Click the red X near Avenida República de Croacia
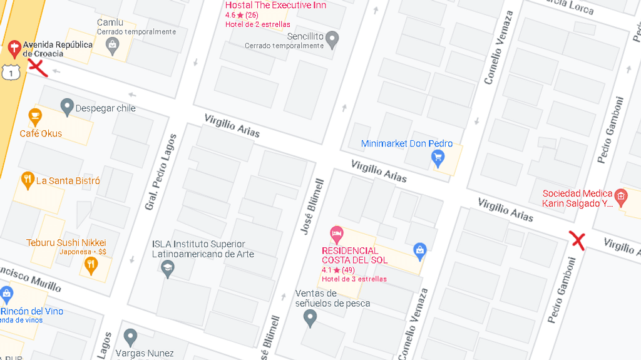[38, 68]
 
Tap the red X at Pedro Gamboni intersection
[577, 240]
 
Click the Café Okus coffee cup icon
[35, 116]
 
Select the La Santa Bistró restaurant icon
[27, 180]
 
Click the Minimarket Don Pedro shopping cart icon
[438, 158]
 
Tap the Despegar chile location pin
[67, 107]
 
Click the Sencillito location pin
[332, 39]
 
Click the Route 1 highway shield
[8, 72]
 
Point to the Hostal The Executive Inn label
[275, 6]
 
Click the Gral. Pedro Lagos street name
[161, 172]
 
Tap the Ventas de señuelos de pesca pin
[310, 318]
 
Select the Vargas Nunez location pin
[130, 337]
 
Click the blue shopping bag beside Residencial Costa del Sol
[420, 251]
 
